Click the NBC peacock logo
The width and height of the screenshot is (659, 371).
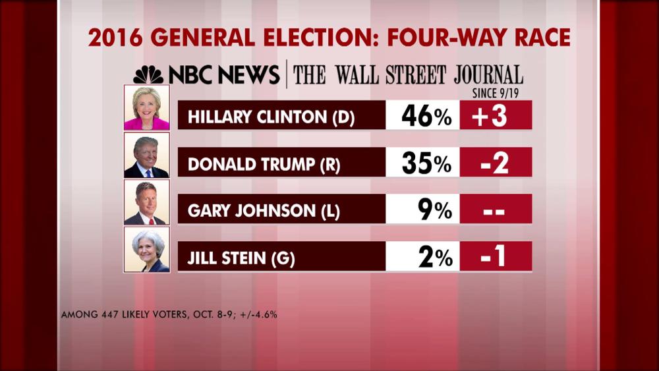[x=148, y=74]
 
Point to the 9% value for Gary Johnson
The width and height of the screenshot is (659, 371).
[x=435, y=210]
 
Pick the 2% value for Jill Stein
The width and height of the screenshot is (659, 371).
[x=435, y=256]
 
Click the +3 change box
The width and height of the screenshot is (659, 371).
[x=496, y=116]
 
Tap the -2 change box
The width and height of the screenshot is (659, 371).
[x=496, y=163]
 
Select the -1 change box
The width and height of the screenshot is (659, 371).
[x=496, y=256]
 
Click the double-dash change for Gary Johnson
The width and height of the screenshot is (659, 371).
[x=496, y=210]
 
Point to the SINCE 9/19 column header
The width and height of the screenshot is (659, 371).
[x=496, y=94]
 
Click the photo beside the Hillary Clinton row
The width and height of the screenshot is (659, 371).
[x=147, y=107]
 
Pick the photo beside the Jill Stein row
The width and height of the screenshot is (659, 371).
[x=147, y=249]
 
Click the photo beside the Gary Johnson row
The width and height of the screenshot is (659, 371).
[x=147, y=202]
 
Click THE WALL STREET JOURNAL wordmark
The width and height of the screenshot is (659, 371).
[x=408, y=74]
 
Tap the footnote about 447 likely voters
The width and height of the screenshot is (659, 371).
[x=169, y=315]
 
